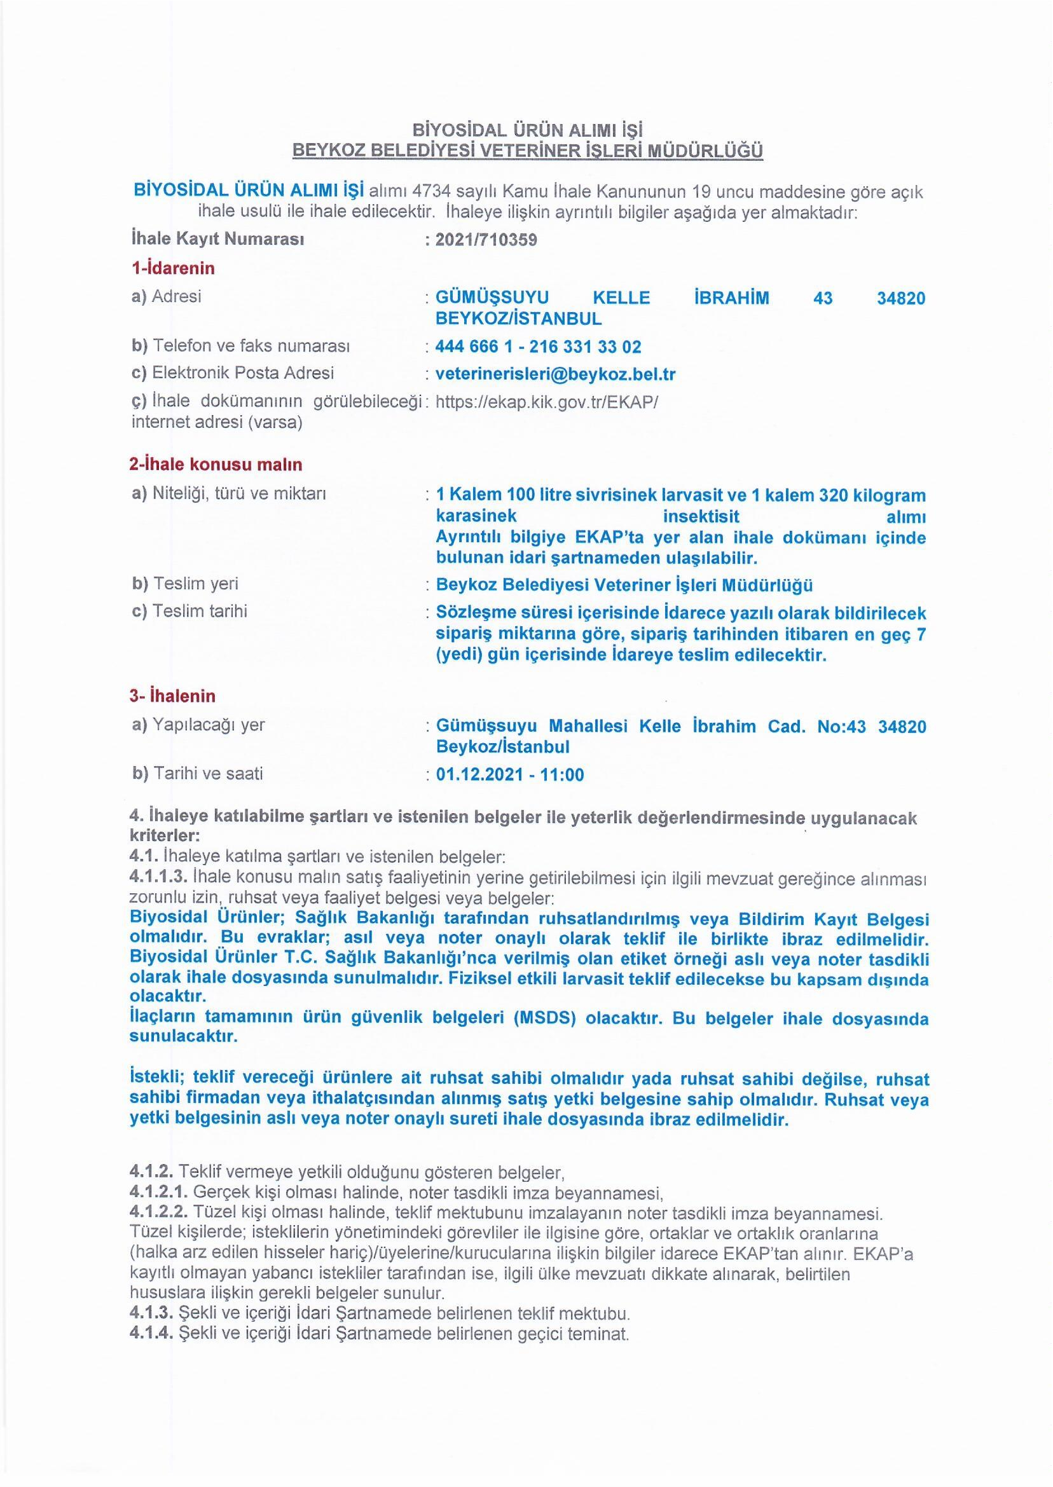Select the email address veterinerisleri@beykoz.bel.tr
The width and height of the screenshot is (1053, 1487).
point(555,374)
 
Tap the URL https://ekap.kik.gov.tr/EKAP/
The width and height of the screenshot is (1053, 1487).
point(547,402)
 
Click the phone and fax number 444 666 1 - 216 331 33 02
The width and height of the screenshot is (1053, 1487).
point(538,346)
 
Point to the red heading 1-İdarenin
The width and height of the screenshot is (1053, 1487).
point(172,268)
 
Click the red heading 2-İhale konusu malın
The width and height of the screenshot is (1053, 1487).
point(217,464)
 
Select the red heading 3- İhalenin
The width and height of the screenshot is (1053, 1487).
point(172,696)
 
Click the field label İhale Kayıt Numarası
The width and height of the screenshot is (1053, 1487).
point(217,239)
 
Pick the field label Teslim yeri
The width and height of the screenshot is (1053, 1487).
point(195,584)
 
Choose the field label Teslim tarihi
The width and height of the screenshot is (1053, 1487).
point(199,611)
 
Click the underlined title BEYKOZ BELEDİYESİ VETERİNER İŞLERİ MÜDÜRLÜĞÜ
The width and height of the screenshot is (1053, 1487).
point(527,151)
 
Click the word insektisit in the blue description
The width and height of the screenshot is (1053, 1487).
point(701,517)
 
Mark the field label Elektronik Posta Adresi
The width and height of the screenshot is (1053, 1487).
point(242,373)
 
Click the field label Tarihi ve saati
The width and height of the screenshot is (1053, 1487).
point(207,774)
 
